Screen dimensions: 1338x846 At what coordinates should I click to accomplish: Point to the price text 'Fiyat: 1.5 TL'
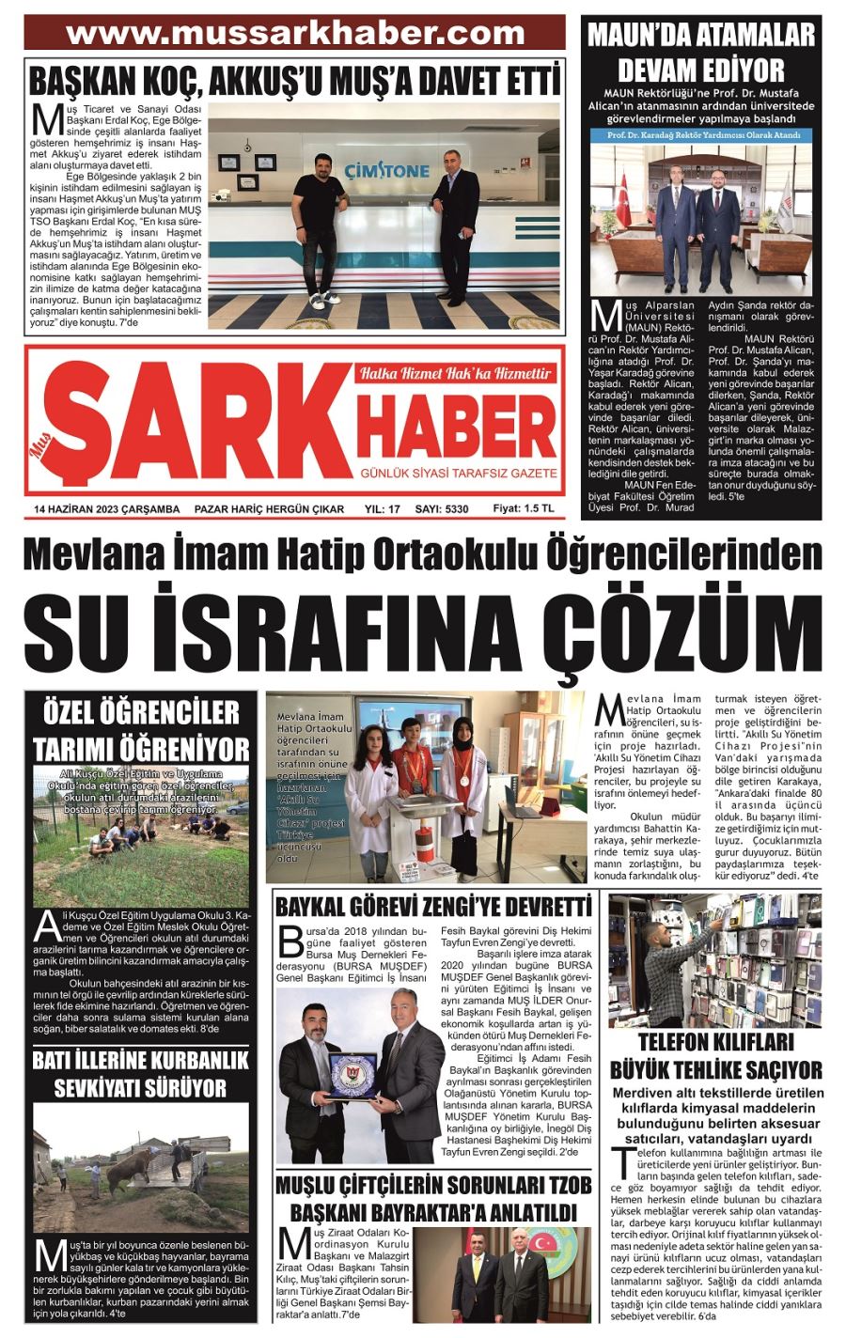pos(525,508)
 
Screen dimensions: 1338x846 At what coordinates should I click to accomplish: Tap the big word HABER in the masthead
pos(457,422)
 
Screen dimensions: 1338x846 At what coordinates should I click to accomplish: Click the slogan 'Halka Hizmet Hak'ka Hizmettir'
pos(455,373)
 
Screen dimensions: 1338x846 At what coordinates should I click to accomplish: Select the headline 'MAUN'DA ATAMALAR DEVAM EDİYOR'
pos(700,53)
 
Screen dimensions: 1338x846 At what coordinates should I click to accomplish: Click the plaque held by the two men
pos(354,1075)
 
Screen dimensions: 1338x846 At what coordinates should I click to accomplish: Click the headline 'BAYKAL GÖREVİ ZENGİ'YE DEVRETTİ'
pos(433,907)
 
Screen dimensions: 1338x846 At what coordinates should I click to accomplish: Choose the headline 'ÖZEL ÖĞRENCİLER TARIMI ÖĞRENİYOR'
pos(142,729)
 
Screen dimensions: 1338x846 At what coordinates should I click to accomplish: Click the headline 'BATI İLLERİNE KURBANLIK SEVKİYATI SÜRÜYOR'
pos(141,1074)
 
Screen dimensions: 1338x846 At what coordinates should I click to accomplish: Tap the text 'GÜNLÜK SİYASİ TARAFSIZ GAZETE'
pos(459,473)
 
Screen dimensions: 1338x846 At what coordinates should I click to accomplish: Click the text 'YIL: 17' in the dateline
pos(382,509)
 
